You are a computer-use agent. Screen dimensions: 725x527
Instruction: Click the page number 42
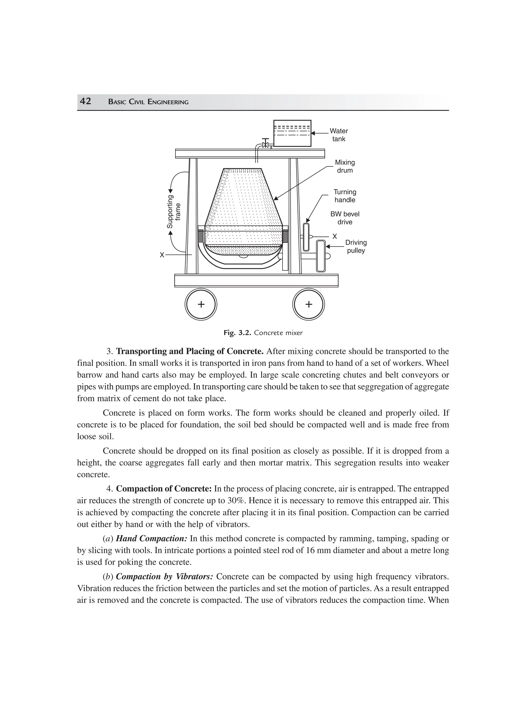pyautogui.click(x=85, y=101)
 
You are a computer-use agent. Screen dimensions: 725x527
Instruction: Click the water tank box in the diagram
pyautogui.click(x=292, y=133)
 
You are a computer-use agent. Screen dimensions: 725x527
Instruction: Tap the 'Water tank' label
pyautogui.click(x=339, y=135)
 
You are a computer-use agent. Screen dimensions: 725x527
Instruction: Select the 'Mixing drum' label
pyautogui.click(x=345, y=166)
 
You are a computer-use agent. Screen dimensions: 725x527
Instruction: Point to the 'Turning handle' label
pyautogui.click(x=345, y=196)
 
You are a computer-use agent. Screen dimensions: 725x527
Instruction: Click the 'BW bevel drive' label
pyautogui.click(x=345, y=218)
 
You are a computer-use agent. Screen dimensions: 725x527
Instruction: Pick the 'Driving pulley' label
pyautogui.click(x=356, y=246)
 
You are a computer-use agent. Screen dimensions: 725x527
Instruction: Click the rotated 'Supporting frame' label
pyautogui.click(x=174, y=212)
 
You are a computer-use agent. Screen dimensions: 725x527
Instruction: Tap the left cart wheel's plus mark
pyautogui.click(x=201, y=304)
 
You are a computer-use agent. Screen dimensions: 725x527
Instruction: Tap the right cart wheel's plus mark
pyautogui.click(x=309, y=304)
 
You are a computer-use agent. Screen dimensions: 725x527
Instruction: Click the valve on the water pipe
pyautogui.click(x=265, y=144)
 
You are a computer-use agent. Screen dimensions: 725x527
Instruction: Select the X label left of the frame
pyautogui.click(x=162, y=255)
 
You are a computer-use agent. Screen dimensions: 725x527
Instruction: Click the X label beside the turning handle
pyautogui.click(x=335, y=236)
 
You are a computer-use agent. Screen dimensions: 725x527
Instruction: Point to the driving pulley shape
pyautogui.click(x=321, y=256)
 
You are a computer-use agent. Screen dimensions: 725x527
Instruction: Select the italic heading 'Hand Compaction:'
pyautogui.click(x=151, y=539)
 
